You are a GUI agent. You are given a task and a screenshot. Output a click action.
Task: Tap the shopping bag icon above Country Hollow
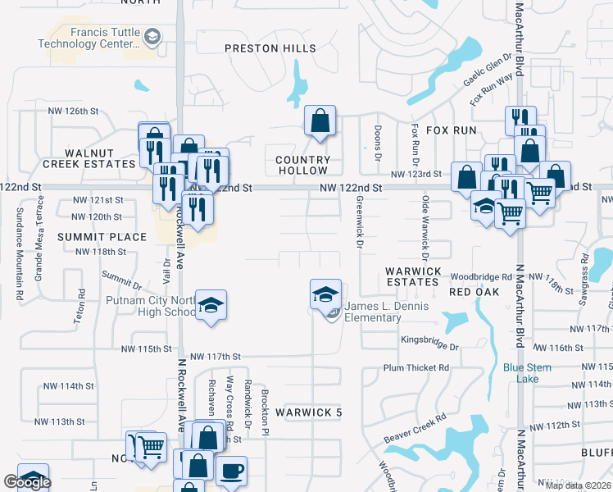tap(320, 121)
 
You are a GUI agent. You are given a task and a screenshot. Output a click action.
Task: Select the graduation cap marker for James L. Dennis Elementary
tap(325, 293)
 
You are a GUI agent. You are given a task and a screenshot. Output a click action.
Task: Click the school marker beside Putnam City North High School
tap(211, 306)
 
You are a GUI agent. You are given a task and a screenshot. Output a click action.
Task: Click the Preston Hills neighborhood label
tap(270, 48)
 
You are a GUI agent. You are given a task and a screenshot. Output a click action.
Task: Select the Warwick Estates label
tap(414, 276)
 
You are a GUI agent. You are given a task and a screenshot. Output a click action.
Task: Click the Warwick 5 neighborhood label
tap(308, 412)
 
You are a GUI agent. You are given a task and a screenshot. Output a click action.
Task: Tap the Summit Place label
tap(102, 237)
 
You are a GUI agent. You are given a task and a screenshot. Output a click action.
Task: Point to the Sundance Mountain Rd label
tap(19, 244)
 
